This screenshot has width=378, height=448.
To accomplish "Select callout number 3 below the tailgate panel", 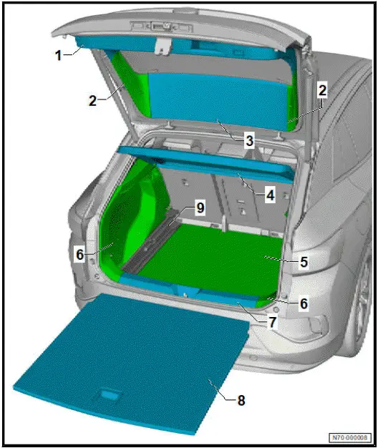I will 248,141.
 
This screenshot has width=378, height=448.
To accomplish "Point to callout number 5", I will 304,262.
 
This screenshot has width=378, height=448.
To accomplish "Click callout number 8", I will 240,401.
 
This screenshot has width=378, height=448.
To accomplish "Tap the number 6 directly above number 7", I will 304,303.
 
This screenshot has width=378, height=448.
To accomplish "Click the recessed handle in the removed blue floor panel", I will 110,394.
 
